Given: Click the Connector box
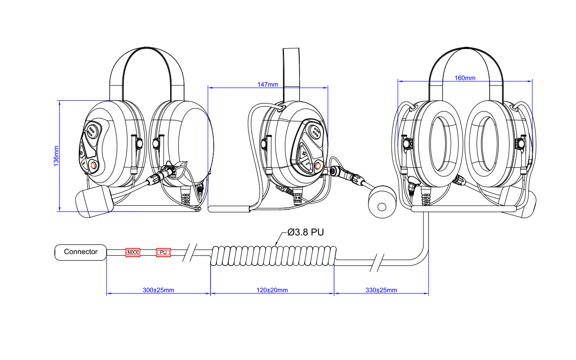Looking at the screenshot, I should click(81, 252).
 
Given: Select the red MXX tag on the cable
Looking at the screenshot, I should click(133, 252).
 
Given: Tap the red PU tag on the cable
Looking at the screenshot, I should click(163, 252).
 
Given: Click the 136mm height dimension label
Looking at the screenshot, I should click(56, 156).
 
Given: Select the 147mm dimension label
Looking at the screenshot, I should click(268, 85).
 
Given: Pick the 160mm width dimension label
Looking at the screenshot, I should click(465, 78).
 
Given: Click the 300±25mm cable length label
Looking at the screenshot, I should click(158, 290).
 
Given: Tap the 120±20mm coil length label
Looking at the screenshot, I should click(272, 290).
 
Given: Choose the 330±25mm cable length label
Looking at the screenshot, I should click(382, 290).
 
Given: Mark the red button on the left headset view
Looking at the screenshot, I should click(94, 166).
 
